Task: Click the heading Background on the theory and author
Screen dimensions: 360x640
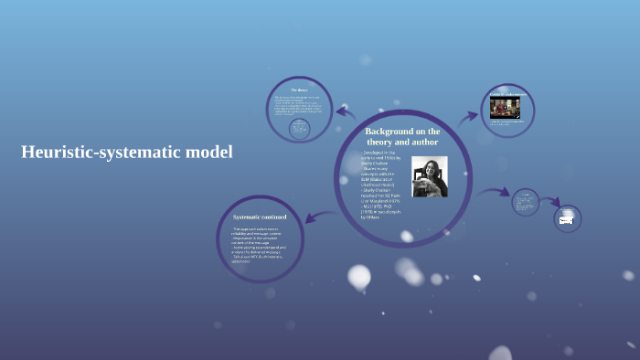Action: click(402, 137)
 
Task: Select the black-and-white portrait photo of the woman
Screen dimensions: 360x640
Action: click(430, 177)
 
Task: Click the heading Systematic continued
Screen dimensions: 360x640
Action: click(260, 217)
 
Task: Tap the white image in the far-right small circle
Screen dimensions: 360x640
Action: click(567, 220)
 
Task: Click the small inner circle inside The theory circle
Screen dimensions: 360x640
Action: click(298, 129)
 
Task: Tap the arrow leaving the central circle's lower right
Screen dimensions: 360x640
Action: click(494, 193)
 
